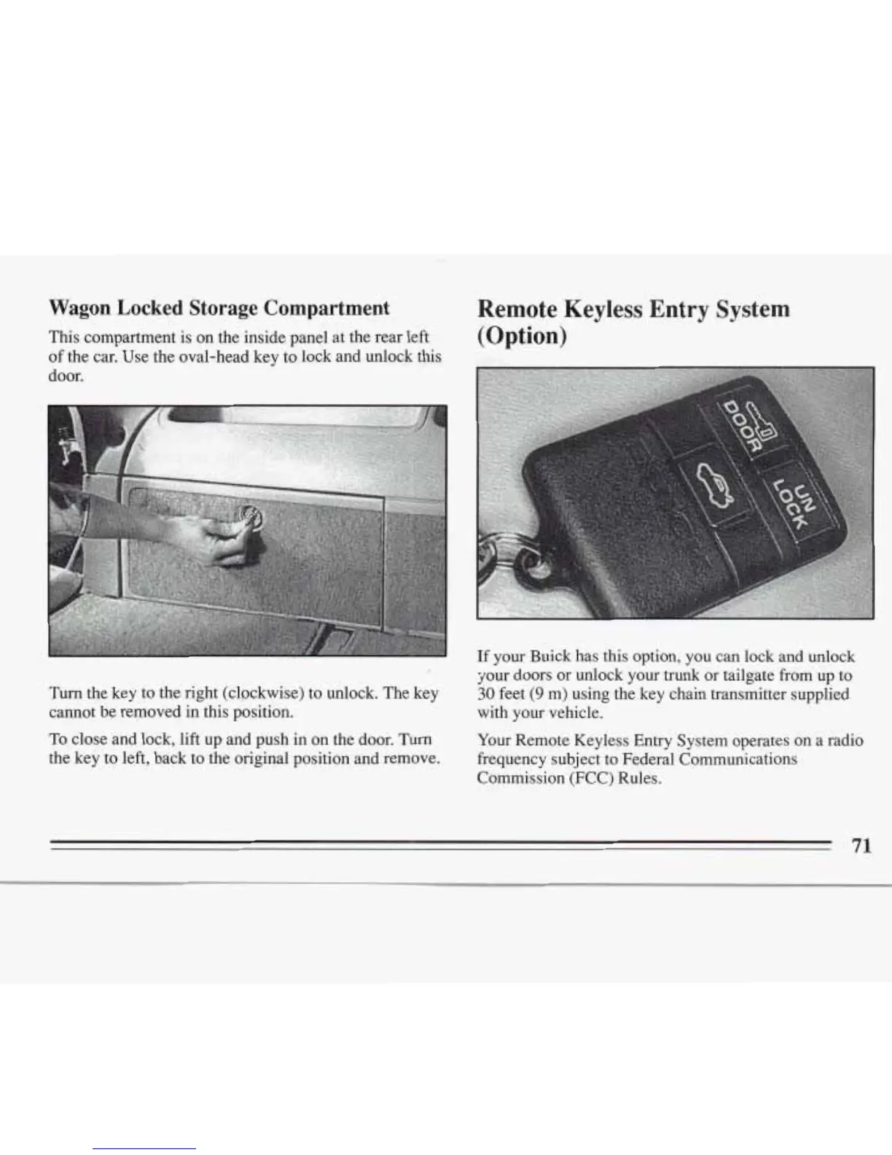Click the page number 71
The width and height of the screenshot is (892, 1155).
[x=861, y=846]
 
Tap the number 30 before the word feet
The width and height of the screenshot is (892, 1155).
[x=485, y=693]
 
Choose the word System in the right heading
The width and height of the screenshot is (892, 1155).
[x=752, y=309]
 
